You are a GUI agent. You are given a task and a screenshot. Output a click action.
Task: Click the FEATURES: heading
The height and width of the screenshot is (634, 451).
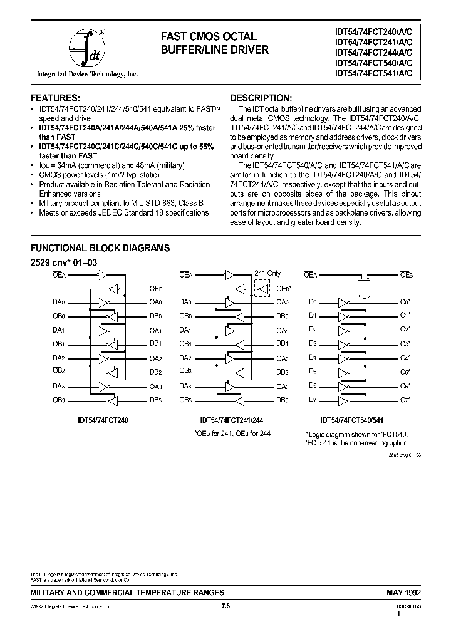[56, 98]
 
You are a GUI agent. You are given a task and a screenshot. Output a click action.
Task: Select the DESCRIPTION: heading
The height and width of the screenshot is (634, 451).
[261, 98]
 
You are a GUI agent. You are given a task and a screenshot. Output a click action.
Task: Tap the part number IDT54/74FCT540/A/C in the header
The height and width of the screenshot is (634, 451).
[374, 63]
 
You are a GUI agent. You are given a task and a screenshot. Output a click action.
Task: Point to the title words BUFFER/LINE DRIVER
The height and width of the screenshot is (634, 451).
[215, 49]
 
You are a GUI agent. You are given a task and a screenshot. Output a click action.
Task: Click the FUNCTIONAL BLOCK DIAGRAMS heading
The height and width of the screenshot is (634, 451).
[100, 248]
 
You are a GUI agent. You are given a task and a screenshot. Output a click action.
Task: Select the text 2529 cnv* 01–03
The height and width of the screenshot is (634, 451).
[64, 262]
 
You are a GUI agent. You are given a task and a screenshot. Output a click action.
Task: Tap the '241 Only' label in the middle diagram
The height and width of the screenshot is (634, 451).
[267, 273]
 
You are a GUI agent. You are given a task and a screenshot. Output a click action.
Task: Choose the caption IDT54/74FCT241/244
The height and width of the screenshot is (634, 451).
[231, 421]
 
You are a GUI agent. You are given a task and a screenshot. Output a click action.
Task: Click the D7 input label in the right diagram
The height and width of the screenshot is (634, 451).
[313, 399]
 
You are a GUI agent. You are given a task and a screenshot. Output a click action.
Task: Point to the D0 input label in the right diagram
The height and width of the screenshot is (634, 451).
[313, 302]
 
